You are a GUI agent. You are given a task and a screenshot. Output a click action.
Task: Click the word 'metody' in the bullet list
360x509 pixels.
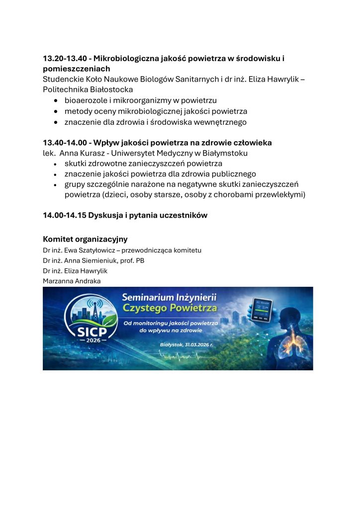point(77,111)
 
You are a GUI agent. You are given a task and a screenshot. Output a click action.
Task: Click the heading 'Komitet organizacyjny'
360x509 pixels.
point(85,239)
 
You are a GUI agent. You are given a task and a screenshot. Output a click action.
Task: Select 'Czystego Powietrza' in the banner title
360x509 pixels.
point(170,308)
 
